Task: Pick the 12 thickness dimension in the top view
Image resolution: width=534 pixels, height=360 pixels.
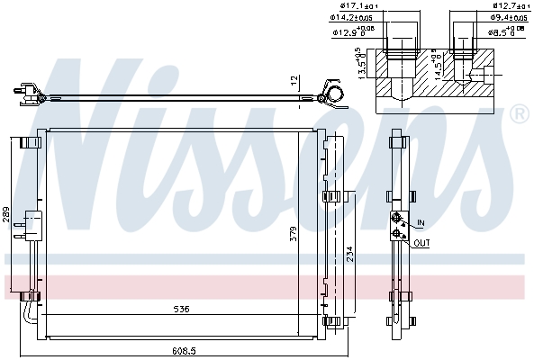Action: click(294, 80)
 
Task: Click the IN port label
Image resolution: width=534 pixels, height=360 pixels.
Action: click(421, 223)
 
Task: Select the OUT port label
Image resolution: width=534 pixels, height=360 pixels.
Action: click(422, 243)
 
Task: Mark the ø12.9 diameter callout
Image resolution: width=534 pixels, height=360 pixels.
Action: click(351, 32)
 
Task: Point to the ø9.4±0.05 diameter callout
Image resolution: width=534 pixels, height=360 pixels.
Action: click(509, 17)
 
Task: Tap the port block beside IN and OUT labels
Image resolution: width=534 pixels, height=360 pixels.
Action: click(396, 226)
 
